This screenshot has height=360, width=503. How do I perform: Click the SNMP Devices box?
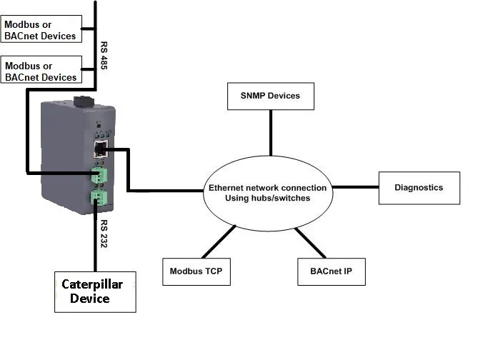(270, 96)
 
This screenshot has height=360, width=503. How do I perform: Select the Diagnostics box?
(419, 188)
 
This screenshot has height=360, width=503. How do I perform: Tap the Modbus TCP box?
(197, 271)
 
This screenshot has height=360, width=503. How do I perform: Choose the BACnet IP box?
(331, 271)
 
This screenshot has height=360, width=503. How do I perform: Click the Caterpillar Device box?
(95, 291)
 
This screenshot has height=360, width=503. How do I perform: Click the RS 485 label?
(104, 54)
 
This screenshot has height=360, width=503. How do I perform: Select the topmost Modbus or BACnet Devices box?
(41, 29)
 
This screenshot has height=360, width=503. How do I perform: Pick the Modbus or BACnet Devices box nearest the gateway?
(41, 71)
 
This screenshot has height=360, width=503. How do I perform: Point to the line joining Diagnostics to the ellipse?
(355, 188)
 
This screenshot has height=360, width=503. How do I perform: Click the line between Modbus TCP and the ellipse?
(219, 241)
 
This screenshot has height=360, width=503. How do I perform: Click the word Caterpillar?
(92, 284)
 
